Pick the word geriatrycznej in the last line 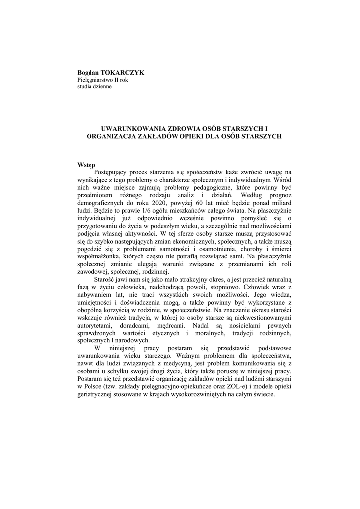point(95,394)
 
